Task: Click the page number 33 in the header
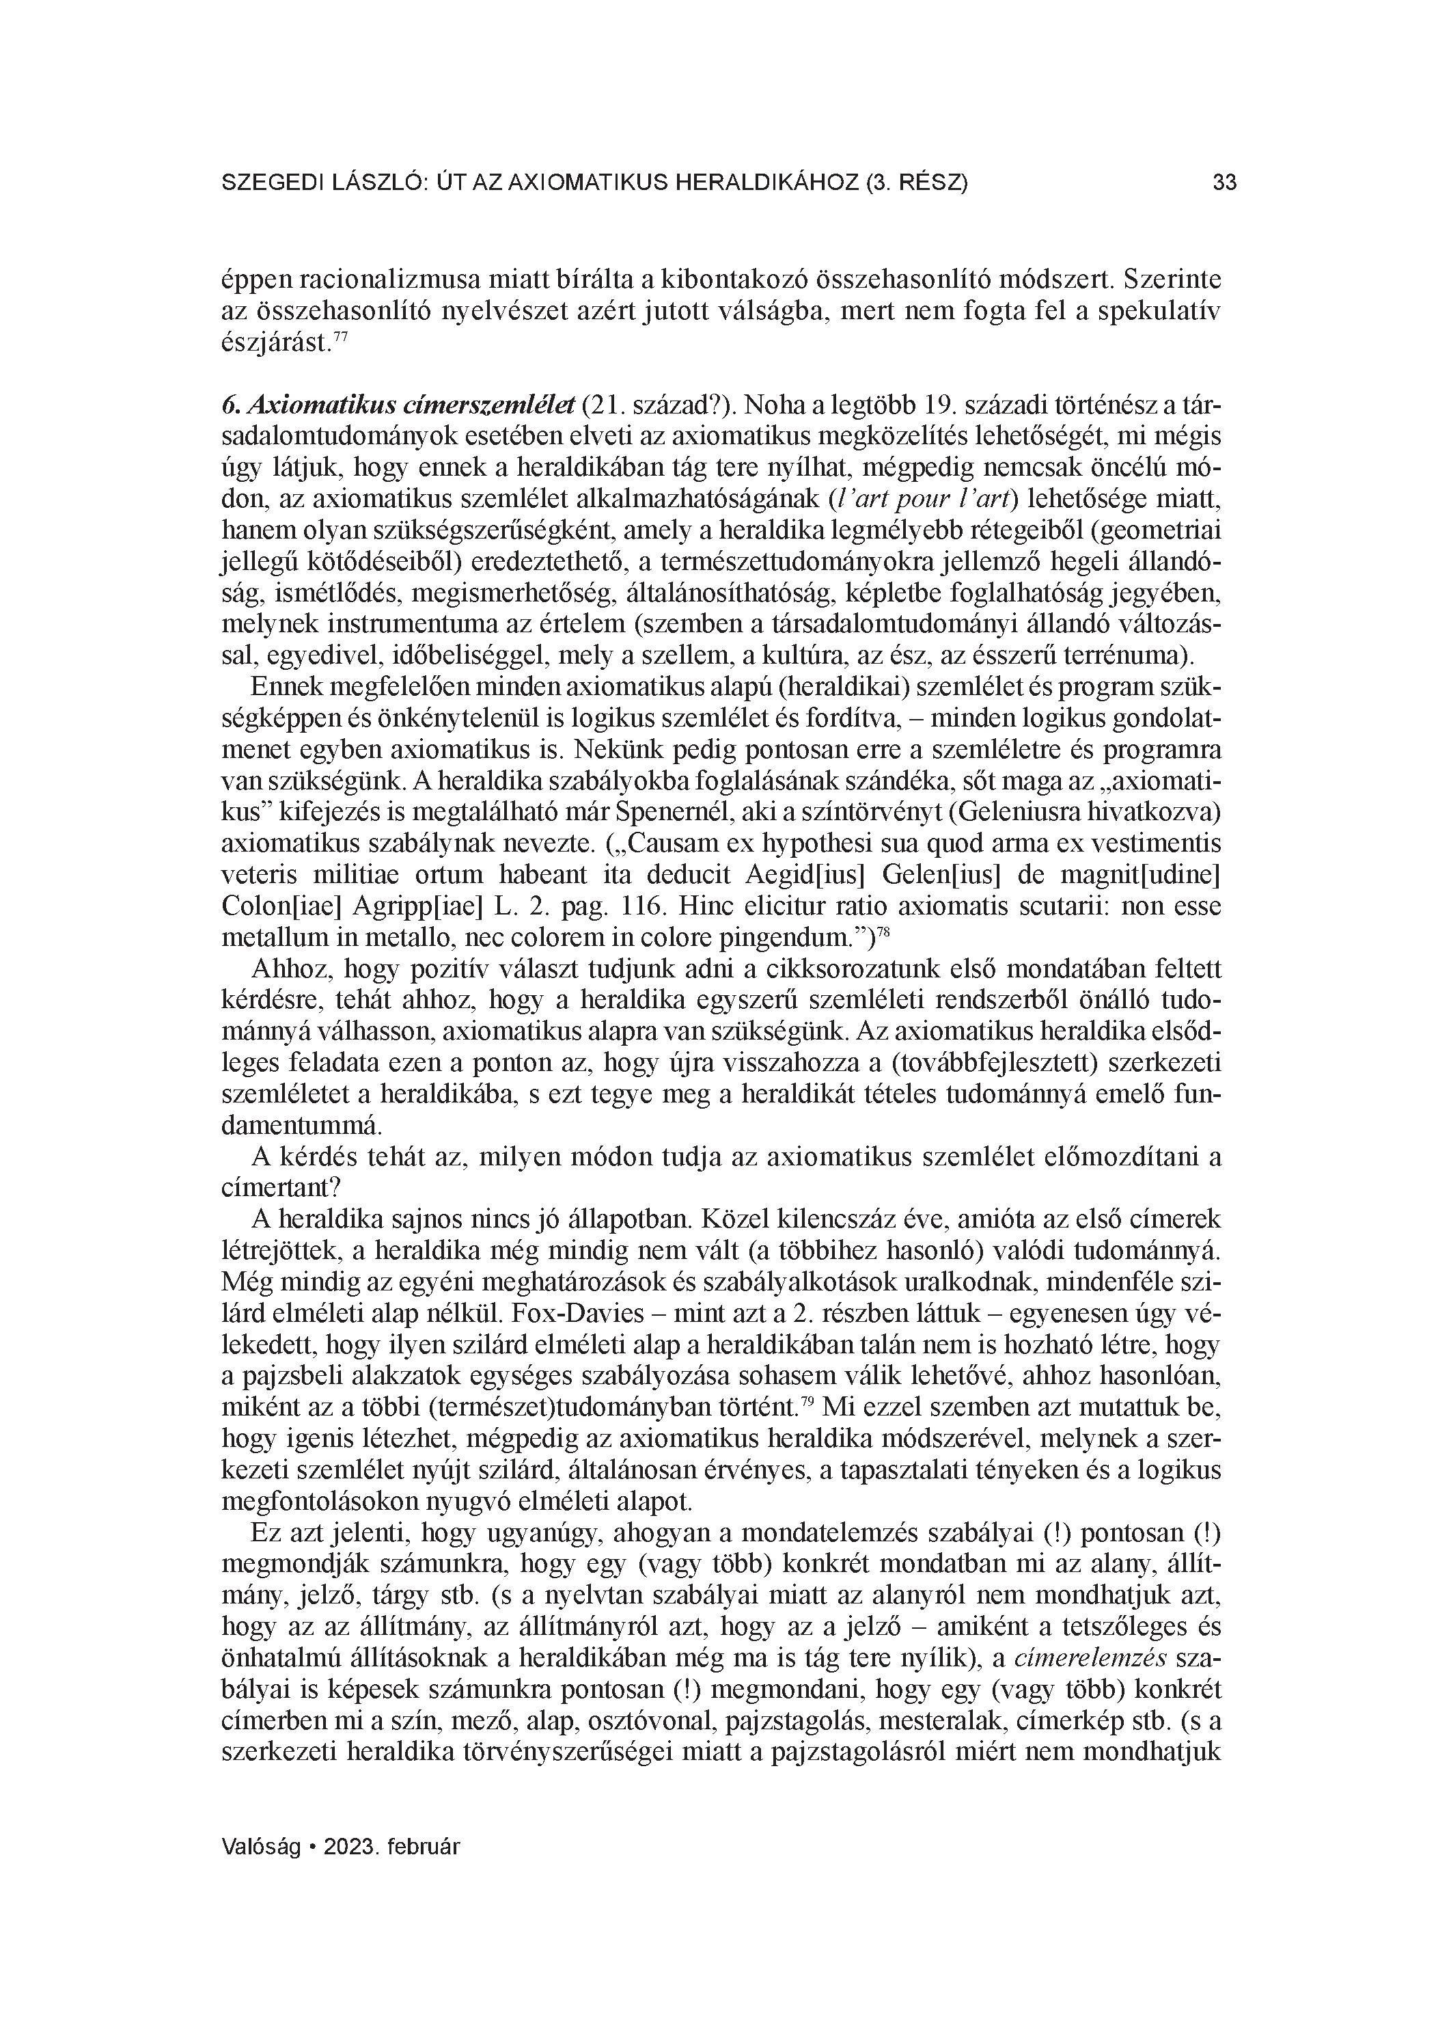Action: coord(1224,183)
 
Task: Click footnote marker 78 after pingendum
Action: coord(884,930)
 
